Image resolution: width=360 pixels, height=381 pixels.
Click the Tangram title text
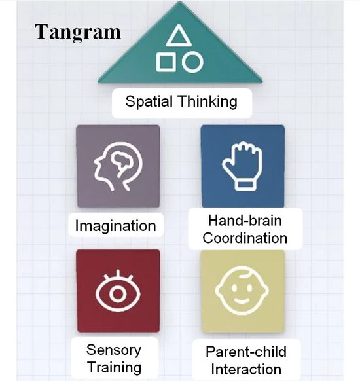78,31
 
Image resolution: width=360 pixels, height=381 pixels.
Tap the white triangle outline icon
179,37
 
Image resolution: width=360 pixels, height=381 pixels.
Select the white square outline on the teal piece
166,62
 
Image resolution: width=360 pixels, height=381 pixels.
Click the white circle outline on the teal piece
192,62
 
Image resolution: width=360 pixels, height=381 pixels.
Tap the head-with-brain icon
117,166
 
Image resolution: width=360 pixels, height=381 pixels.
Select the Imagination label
115,227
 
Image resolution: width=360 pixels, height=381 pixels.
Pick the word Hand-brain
245,220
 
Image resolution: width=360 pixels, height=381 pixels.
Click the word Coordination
245,238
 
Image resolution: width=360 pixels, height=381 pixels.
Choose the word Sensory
113,348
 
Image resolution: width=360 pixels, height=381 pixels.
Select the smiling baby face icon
243,291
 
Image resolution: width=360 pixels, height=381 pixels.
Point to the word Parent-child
245,352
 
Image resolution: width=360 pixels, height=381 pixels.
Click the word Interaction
245,369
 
